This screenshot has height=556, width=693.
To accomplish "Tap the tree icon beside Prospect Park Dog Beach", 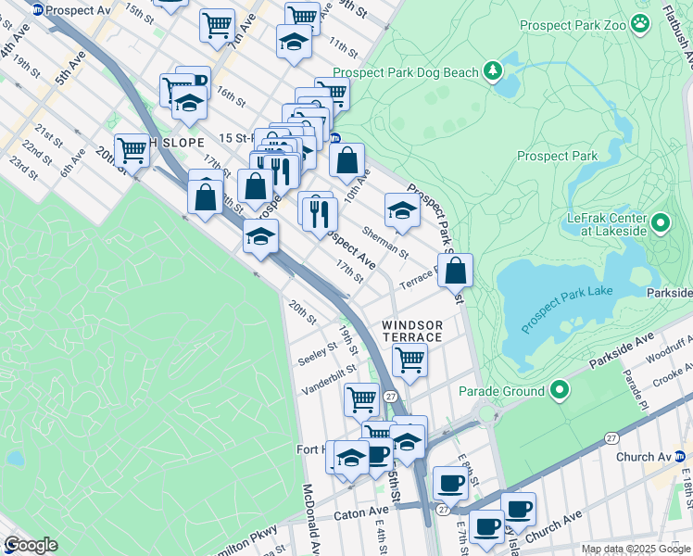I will (x=494, y=69).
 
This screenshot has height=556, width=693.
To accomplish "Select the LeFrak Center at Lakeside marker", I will (x=661, y=222).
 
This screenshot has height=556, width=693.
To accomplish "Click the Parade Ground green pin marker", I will (x=559, y=390).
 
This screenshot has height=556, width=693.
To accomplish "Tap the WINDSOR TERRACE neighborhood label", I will (x=413, y=331).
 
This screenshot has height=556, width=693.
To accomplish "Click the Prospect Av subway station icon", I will (x=36, y=9).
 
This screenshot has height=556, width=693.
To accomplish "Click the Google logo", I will (x=31, y=545).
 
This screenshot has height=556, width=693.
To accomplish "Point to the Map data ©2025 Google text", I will (x=636, y=549).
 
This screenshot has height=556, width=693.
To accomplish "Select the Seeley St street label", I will (x=318, y=353).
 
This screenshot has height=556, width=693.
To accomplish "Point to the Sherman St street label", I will (x=385, y=242).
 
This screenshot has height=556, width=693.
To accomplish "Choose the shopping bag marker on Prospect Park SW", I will (x=456, y=271).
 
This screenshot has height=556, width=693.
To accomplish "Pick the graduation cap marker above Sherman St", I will (x=401, y=210).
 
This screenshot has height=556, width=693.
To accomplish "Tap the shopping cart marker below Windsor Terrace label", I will (x=409, y=360).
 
